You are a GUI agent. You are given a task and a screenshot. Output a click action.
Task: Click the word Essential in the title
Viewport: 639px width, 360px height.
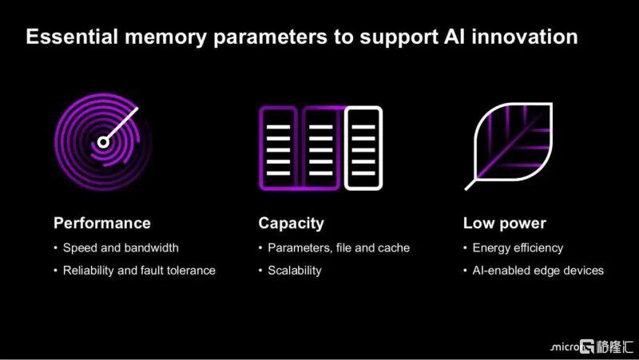tap(72, 37)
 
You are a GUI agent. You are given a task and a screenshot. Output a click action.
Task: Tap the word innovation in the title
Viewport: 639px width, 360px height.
tap(525, 37)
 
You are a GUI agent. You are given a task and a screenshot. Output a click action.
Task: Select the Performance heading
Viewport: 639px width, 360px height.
tap(102, 224)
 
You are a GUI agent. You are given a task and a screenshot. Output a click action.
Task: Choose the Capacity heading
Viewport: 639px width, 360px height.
tap(291, 224)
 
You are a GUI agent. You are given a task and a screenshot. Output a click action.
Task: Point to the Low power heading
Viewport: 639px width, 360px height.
tap(505, 224)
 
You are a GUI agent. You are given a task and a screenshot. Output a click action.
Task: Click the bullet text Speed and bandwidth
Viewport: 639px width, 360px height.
tap(121, 247)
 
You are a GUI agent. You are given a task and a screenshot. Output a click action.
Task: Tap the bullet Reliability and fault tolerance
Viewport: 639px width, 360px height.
tap(139, 271)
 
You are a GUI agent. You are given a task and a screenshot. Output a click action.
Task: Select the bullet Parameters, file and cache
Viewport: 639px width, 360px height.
tap(339, 247)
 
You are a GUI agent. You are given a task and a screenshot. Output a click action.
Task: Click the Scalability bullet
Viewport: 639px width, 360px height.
tap(294, 271)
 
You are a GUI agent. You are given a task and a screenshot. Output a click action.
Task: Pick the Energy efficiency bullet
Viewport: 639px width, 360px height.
tap(518, 248)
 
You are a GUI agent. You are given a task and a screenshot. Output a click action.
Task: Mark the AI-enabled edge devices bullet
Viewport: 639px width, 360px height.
tap(538, 271)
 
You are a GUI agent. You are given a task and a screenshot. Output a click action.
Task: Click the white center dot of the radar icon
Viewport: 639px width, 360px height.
tap(103, 142)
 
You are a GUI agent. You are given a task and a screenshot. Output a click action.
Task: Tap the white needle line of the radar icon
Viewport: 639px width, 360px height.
tap(122, 123)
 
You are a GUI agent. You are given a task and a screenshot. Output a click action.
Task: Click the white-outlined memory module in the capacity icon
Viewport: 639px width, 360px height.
tap(363, 148)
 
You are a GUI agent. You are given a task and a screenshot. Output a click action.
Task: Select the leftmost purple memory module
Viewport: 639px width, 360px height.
tap(279, 148)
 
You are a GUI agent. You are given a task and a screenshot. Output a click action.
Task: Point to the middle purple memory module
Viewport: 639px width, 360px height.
tap(321, 148)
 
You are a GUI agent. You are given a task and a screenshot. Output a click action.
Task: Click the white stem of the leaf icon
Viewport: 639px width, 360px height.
tap(470, 184)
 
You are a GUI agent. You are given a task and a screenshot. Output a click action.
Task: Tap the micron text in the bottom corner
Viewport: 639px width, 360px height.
tap(565, 347)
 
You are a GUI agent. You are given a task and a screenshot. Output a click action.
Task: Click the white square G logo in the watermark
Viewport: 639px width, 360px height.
tap(587, 346)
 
